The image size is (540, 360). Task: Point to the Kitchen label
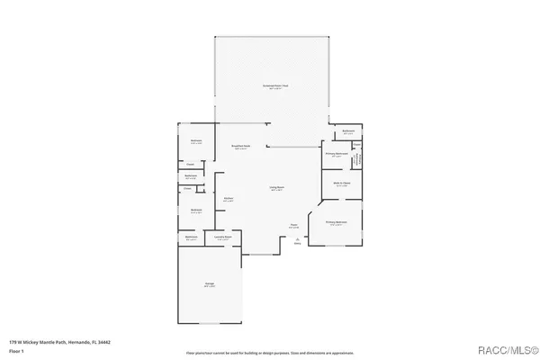point(229,199)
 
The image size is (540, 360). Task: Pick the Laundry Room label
point(224,238)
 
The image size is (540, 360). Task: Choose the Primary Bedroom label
point(336,223)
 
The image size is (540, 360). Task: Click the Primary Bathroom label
point(336,155)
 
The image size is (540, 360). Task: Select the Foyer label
point(293,226)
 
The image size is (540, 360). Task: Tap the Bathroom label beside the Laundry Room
point(191,238)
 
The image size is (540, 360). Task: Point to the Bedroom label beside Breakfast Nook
point(195,141)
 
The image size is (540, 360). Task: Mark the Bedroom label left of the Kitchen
point(195,211)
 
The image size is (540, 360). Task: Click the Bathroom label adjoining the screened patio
point(348,131)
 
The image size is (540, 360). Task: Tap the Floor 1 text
point(15,349)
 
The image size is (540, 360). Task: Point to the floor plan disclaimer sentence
point(270,353)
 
